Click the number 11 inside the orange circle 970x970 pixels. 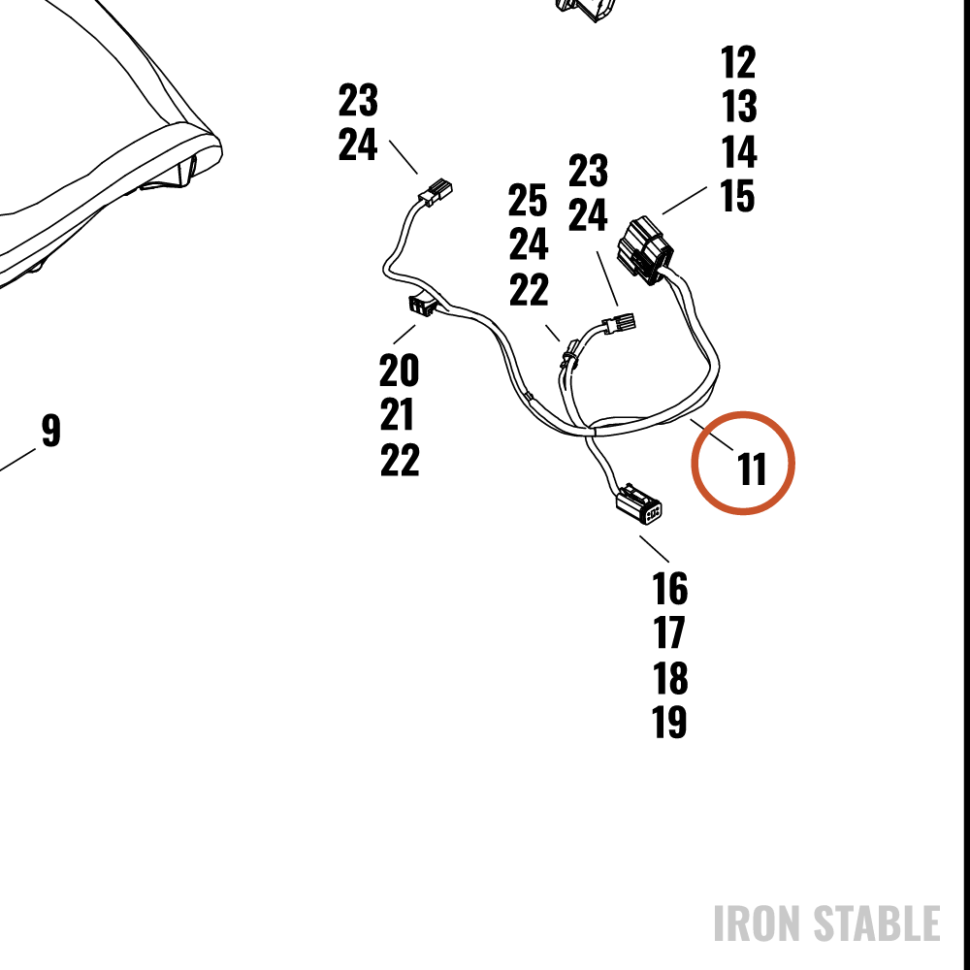pos(752,469)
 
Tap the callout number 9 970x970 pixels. pos(51,430)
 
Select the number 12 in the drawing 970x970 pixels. pos(738,62)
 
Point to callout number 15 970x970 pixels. pos(737,196)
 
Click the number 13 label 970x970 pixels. pos(738,107)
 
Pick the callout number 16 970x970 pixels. pos(670,589)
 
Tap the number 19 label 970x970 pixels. pos(669,722)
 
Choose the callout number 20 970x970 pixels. pos(399,370)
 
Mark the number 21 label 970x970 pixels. pos(397,414)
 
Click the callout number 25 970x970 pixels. pos(528,200)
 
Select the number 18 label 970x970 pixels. pos(670,678)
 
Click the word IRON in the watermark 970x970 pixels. pos(760,923)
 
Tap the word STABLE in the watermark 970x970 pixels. pos(877,923)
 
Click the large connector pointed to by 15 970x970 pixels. pos(645,250)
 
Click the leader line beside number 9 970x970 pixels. pos(17,460)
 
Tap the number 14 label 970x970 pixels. pos(739,151)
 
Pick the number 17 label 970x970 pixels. pos(668,632)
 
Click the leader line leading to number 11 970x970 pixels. pos(712,435)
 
